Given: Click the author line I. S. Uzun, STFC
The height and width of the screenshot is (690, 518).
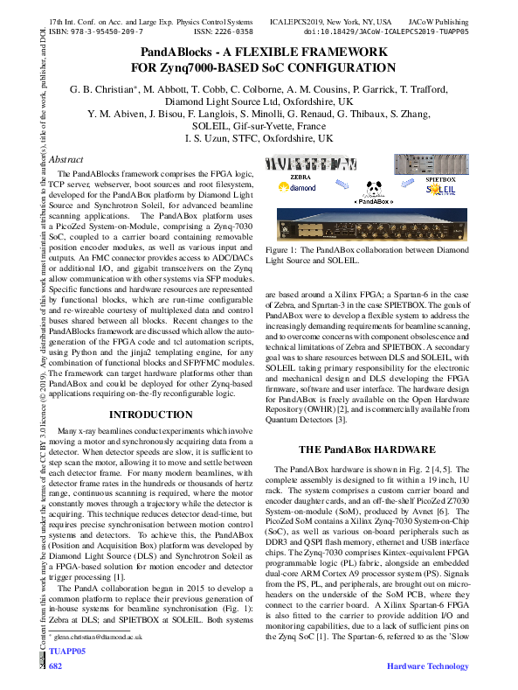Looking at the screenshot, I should pyautogui.click(x=259, y=139).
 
